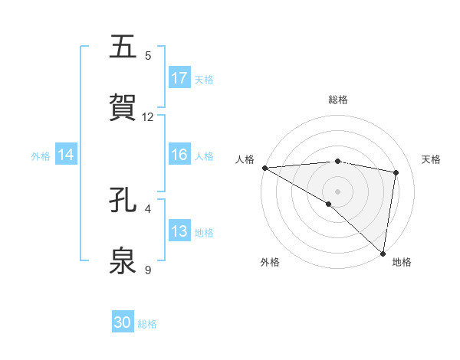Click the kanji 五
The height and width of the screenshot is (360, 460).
123,47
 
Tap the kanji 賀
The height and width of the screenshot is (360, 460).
123,108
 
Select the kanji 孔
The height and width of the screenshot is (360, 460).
123,201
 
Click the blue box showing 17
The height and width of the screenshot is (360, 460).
179,78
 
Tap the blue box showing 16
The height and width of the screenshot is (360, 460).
179,155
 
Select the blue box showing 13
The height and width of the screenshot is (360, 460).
179,232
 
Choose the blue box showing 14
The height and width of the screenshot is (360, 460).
66,155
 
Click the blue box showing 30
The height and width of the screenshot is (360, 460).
123,322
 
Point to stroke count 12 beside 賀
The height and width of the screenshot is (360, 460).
148,117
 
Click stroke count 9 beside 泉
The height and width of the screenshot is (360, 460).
148,270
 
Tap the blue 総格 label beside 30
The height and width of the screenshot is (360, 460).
147,324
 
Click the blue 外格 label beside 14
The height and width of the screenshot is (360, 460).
41,155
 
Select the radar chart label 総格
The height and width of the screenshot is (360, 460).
337,100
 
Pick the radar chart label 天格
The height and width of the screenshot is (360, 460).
432,159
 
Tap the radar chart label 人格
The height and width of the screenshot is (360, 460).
245,159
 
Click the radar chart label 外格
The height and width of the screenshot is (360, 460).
270,262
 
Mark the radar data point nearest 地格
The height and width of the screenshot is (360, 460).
383,253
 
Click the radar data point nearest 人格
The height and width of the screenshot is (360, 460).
264,168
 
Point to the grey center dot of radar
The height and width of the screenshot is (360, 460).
337,191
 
